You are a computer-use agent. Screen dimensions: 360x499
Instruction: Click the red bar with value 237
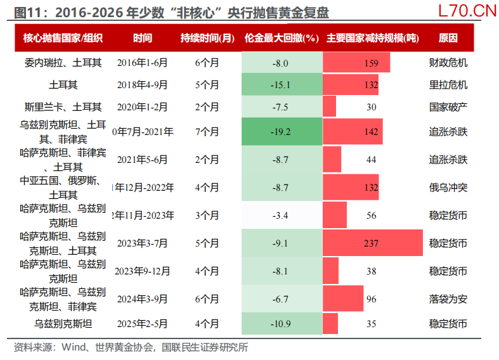[372, 243]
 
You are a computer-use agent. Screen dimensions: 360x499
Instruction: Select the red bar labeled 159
[356, 63]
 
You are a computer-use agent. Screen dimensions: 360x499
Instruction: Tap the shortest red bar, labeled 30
[330, 107]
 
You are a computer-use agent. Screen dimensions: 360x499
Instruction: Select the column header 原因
[448, 38]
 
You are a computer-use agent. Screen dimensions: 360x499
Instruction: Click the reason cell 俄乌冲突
[448, 188]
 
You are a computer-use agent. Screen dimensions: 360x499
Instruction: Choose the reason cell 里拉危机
[448, 85]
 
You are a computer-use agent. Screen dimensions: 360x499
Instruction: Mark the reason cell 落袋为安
[448, 299]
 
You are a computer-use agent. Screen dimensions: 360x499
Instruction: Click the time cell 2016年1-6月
[143, 63]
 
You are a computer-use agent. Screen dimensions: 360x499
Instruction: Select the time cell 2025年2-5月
[143, 324]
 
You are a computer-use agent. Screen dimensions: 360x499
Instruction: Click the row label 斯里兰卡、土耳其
[62, 107]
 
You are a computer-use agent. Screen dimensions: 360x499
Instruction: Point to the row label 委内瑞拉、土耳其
[62, 63]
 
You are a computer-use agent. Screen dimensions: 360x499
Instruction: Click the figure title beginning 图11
[171, 13]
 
